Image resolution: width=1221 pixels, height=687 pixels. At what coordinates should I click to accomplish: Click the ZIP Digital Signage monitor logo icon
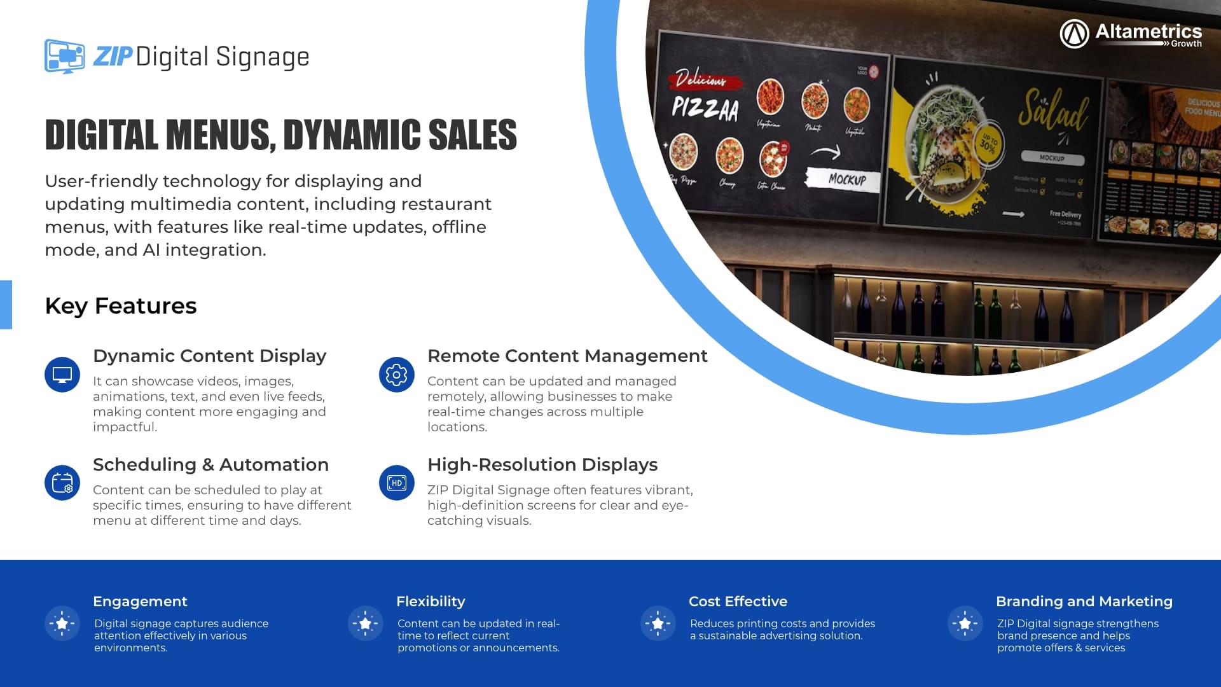coord(64,56)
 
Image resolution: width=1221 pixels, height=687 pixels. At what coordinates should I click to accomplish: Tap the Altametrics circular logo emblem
coord(1074,34)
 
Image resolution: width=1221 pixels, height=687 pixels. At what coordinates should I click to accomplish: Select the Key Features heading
coord(121,306)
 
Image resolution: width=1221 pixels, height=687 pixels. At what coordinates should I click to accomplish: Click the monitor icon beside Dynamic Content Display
coord(62,375)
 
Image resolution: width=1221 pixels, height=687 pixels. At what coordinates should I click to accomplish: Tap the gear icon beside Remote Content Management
coord(396,375)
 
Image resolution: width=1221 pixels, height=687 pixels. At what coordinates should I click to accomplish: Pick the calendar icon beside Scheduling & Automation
coord(62,483)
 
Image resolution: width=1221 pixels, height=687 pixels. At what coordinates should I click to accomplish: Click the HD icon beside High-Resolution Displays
coord(396,483)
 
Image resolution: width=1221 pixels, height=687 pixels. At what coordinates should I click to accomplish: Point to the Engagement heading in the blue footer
coord(140,601)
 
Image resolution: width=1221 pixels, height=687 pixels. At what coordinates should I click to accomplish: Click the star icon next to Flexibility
coord(365,623)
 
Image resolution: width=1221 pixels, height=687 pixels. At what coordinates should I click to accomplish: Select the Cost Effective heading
coord(738,601)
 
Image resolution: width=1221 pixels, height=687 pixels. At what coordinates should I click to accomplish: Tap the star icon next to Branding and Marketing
coord(965,623)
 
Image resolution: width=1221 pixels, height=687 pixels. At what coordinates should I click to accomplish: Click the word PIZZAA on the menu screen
coord(705,109)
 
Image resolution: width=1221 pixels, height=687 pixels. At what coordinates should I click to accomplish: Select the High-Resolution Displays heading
coord(542,464)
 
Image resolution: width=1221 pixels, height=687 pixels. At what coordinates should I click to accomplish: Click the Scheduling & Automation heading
coord(210,464)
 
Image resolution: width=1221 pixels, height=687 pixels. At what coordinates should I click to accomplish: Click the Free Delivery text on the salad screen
coord(1065,214)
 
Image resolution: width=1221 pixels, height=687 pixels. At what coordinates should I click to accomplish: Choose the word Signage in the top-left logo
coord(263,57)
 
